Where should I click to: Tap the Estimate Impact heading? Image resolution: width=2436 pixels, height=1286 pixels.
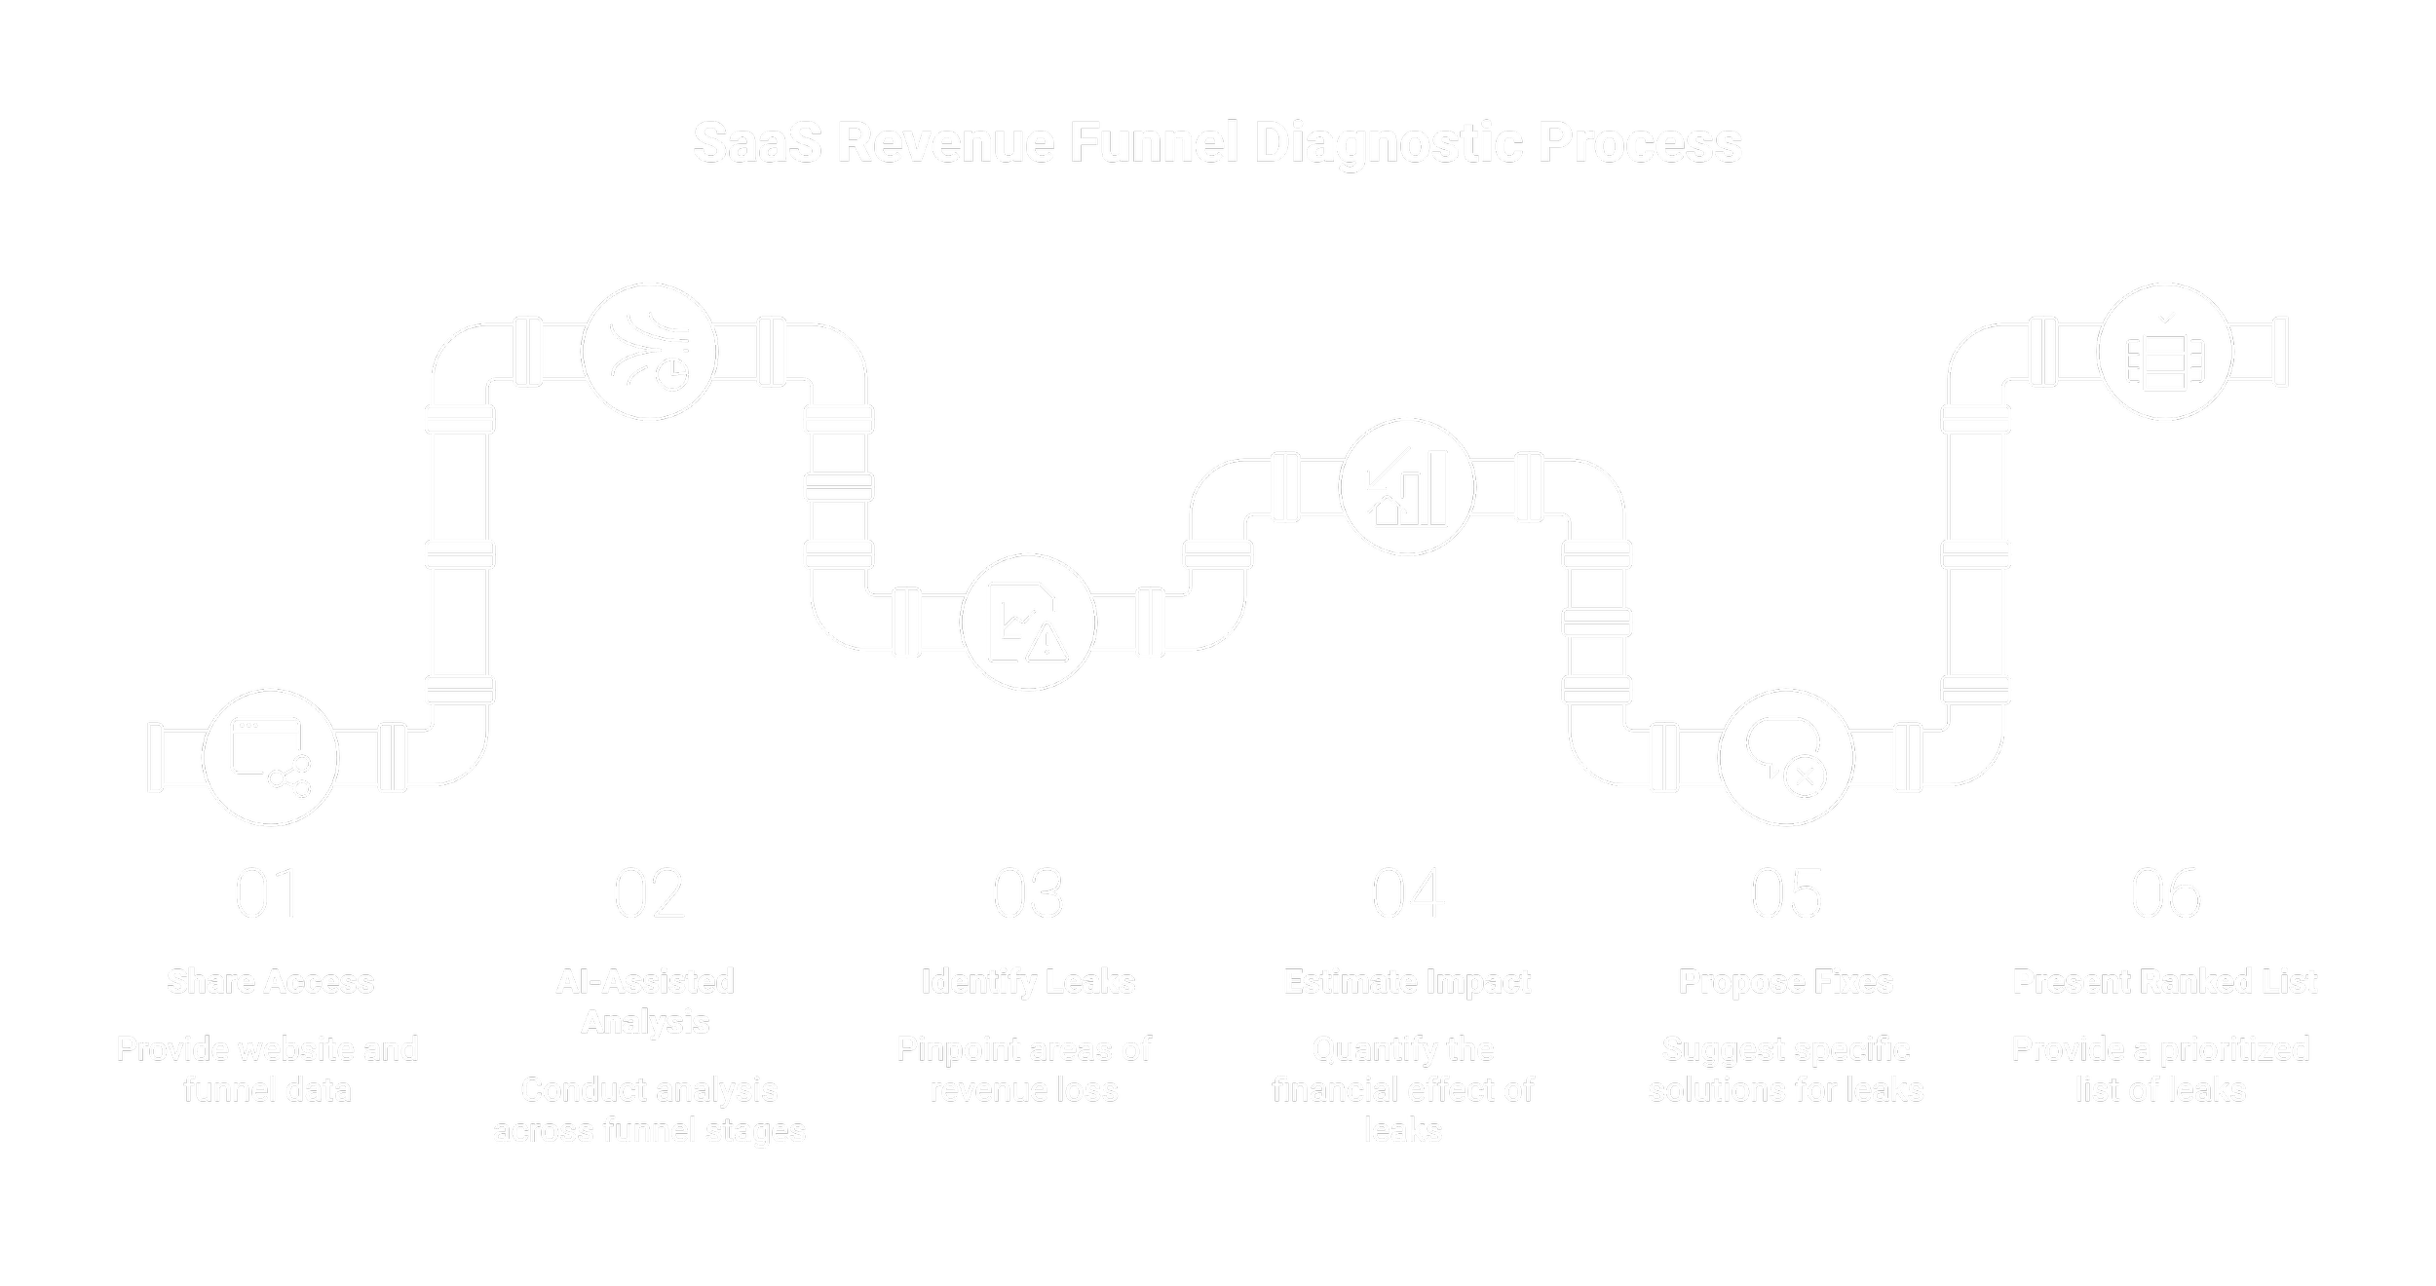[x=1407, y=981]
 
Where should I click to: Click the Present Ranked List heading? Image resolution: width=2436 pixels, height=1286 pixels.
[x=2164, y=981]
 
